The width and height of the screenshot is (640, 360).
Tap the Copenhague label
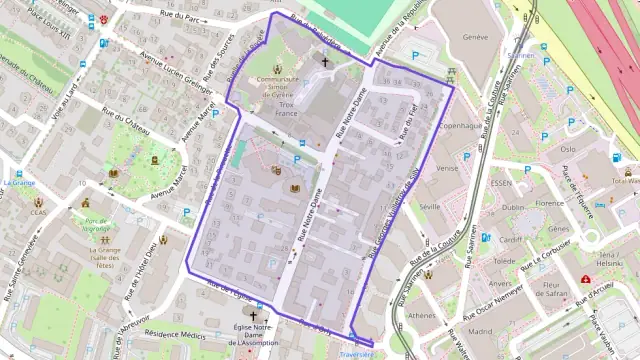tap(460, 127)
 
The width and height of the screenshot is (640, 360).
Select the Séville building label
tap(431, 205)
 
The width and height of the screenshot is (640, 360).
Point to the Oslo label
tap(568, 149)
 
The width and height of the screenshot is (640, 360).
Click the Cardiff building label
tap(510, 240)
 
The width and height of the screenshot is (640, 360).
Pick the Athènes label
tap(422, 315)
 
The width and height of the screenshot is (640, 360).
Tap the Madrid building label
tap(480, 330)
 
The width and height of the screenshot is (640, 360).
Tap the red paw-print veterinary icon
tap(105, 19)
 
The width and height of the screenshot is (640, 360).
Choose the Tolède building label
tap(504, 261)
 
